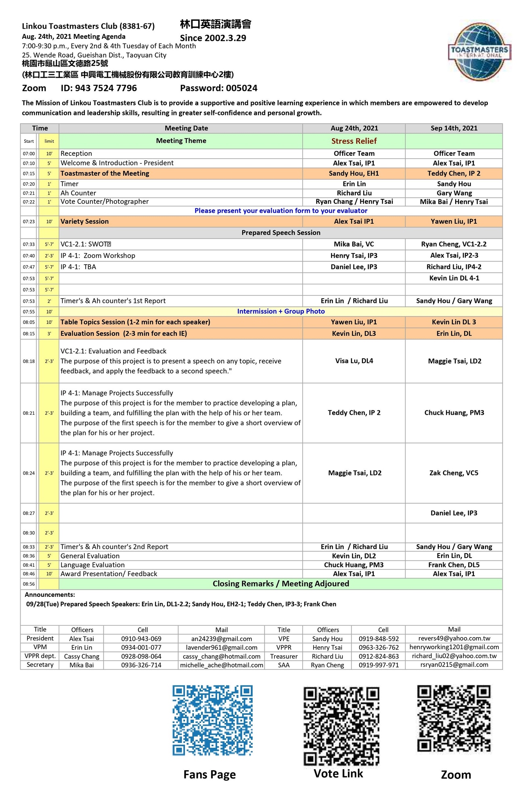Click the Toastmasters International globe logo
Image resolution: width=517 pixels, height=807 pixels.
(x=479, y=51)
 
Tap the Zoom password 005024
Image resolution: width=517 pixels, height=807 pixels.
(x=218, y=88)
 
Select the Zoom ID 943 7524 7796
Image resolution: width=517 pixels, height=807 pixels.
(x=99, y=88)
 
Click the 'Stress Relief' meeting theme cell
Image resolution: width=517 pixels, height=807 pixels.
(x=354, y=141)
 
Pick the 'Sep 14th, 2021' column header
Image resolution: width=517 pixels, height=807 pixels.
(x=454, y=128)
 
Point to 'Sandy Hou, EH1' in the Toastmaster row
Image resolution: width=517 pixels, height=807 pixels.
(x=354, y=174)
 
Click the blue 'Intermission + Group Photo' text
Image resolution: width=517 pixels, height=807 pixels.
(x=281, y=311)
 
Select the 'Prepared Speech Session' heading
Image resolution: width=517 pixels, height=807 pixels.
(x=281, y=232)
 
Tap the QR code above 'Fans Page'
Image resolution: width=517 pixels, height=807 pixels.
(x=212, y=720)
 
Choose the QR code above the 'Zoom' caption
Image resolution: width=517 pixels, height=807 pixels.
(x=454, y=719)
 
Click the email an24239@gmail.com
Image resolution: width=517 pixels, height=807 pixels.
(x=221, y=639)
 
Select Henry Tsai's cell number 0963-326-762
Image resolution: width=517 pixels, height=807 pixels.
(x=378, y=647)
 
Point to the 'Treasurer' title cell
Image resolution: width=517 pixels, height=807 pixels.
(x=284, y=656)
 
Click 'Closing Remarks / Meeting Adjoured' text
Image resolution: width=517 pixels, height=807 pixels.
(x=281, y=583)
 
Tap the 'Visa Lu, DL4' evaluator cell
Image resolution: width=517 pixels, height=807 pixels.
(x=354, y=361)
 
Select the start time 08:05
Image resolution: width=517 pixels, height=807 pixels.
(x=29, y=322)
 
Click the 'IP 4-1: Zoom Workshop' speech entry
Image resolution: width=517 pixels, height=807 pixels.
(x=98, y=255)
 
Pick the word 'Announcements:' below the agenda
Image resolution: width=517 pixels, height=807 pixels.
(x=50, y=594)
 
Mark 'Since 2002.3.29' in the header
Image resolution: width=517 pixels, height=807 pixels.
(x=213, y=38)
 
